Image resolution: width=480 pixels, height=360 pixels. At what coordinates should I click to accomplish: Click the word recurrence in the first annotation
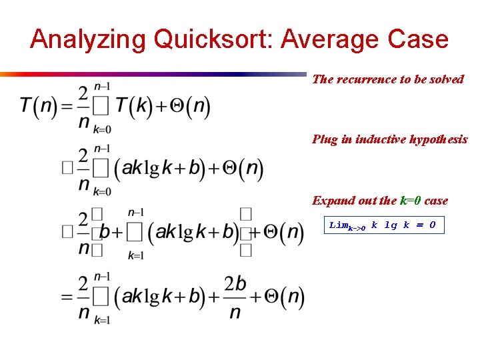pos(366,79)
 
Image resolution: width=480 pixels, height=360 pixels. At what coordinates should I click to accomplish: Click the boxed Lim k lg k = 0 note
pos(383,226)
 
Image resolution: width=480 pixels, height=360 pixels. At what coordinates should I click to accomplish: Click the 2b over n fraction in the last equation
pos(235,297)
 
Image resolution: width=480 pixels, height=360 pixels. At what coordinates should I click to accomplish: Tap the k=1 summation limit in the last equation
pos(101,319)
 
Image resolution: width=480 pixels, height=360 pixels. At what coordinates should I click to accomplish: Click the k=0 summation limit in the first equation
pos(101,129)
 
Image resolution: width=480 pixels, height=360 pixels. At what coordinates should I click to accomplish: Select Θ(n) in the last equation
pos(282,297)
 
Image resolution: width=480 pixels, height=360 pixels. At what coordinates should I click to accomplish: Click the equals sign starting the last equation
pos(66,297)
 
